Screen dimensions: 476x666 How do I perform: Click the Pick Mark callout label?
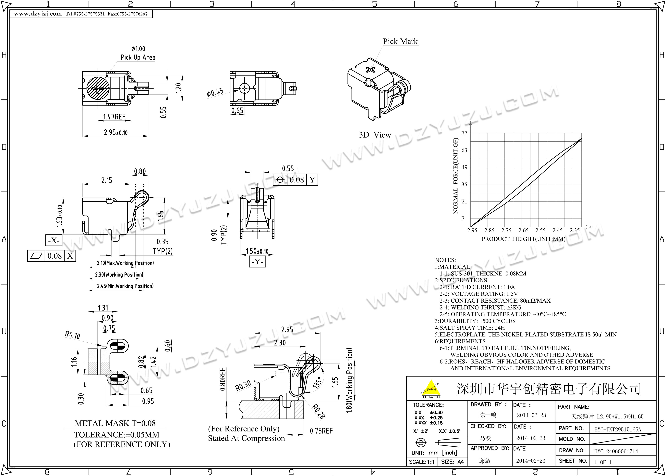click(x=400, y=41)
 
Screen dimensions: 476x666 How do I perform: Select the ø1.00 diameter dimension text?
click(x=138, y=49)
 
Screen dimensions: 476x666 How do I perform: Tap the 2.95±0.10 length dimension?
click(x=115, y=132)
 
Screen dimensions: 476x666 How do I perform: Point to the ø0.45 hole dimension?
click(x=215, y=92)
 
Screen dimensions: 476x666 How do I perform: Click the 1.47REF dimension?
click(x=114, y=117)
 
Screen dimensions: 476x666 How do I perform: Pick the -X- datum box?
click(x=54, y=240)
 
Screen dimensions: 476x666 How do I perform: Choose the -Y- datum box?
click(x=257, y=261)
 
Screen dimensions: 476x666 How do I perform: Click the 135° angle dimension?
click(x=318, y=382)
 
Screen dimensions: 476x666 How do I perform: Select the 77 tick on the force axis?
click(x=464, y=133)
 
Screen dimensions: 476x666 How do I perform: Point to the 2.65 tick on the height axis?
click(x=524, y=230)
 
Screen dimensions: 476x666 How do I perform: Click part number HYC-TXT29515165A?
click(x=617, y=430)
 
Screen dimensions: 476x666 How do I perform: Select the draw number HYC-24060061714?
click(x=616, y=451)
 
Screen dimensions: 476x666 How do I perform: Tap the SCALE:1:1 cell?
click(x=422, y=462)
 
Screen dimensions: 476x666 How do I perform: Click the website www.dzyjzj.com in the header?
click(x=38, y=14)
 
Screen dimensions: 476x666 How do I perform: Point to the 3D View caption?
click(x=375, y=135)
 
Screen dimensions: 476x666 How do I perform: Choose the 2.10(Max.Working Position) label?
click(x=125, y=263)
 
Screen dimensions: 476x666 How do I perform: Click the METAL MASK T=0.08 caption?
click(x=115, y=423)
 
